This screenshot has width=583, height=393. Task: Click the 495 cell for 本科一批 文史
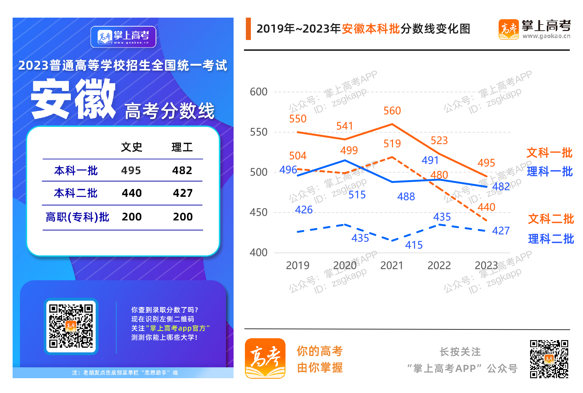click(131, 170)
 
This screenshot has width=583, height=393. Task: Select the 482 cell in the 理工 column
click(182, 170)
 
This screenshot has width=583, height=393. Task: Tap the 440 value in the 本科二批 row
click(132, 193)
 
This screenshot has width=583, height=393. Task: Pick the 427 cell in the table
click(183, 193)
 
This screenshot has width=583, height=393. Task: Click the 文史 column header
click(132, 147)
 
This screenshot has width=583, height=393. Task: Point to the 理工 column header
click(182, 147)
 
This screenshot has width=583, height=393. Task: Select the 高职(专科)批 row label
click(77, 217)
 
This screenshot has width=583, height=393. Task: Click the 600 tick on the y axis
click(258, 92)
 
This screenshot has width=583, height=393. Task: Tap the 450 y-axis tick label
click(258, 212)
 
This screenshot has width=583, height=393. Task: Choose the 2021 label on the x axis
click(392, 265)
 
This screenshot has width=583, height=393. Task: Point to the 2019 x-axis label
click(297, 265)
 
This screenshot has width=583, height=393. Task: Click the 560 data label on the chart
click(392, 111)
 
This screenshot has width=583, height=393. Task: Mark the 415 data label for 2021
click(414, 245)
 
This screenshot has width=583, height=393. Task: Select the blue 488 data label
click(406, 196)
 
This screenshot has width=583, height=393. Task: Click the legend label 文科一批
click(549, 153)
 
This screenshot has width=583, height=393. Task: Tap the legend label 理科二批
click(551, 239)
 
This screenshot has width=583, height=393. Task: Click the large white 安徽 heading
click(73, 99)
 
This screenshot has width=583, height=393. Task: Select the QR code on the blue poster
click(71, 326)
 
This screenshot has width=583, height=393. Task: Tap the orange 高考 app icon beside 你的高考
click(265, 358)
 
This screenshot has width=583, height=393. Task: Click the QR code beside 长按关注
click(549, 359)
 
